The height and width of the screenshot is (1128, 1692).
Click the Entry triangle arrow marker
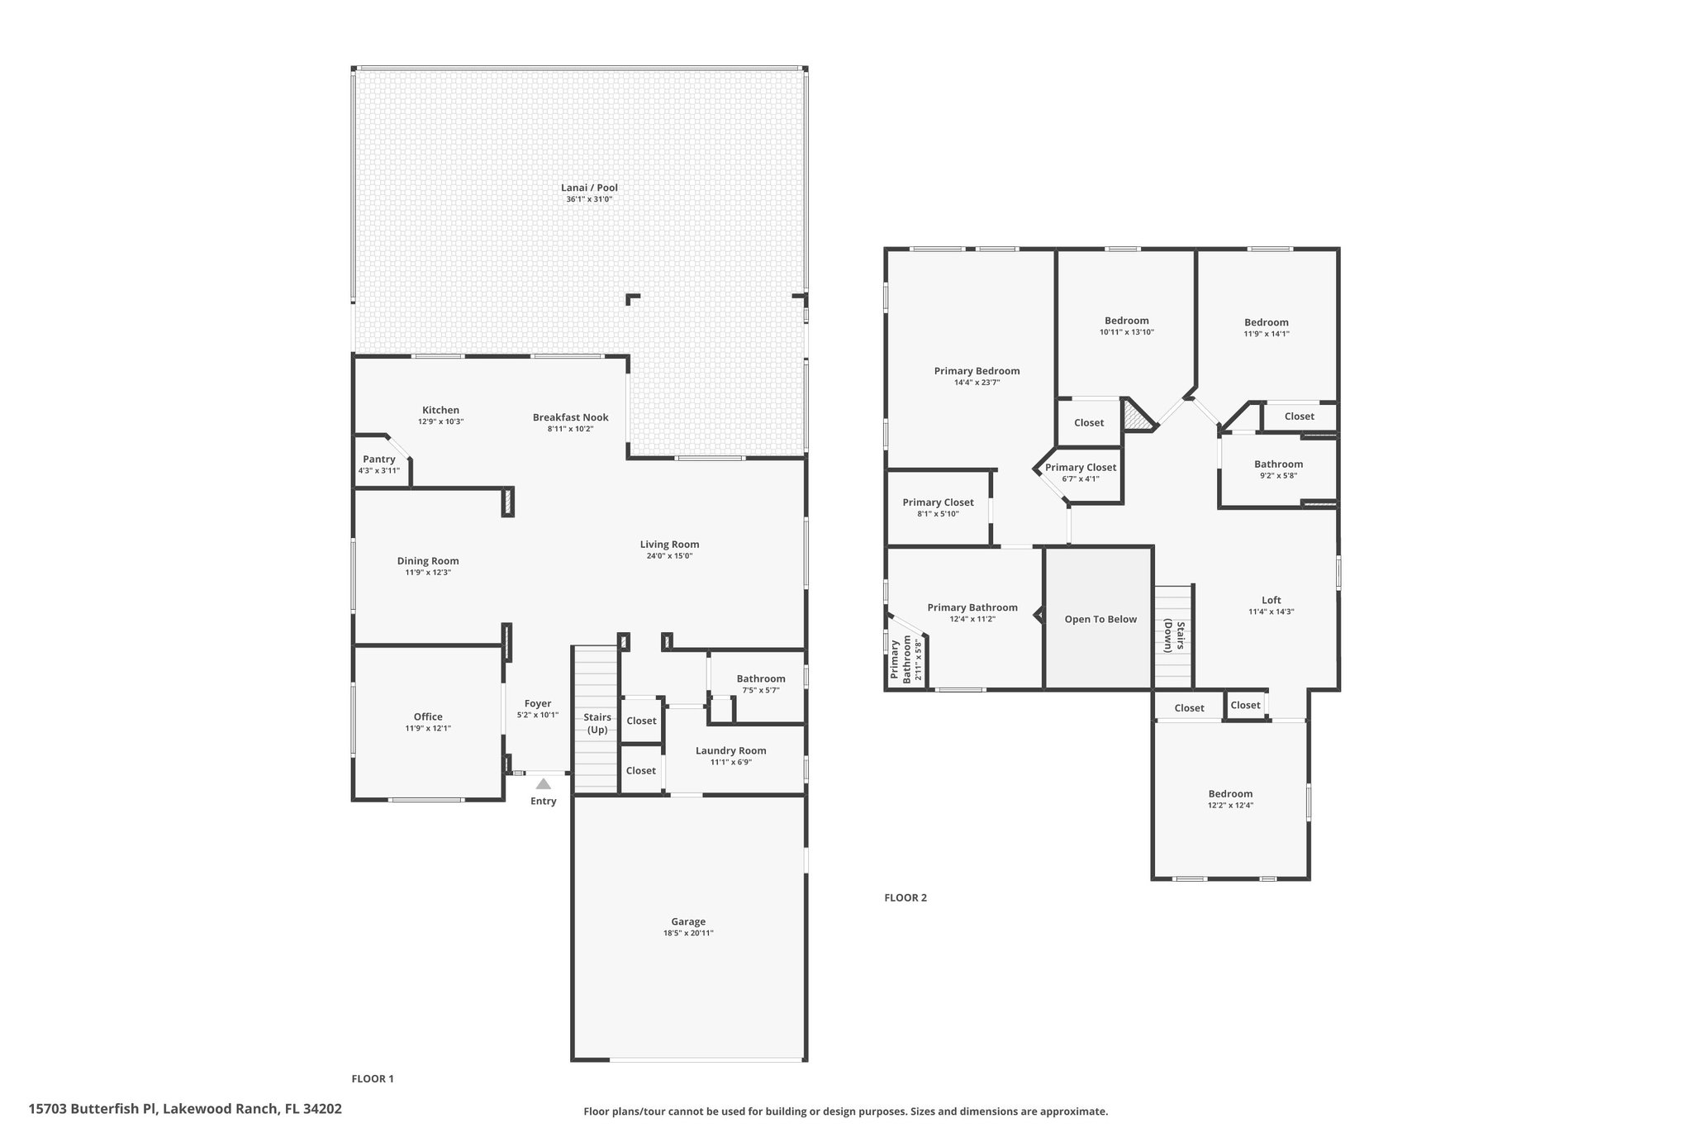pyautogui.click(x=543, y=784)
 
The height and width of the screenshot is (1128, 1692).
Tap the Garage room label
pyautogui.click(x=688, y=921)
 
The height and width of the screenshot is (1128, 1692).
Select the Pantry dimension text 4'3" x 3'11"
pyautogui.click(x=379, y=471)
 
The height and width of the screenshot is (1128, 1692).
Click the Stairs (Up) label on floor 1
pyautogui.click(x=597, y=723)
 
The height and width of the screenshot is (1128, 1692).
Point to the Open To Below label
pyautogui.click(x=1100, y=619)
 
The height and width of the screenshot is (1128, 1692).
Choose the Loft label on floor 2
pyautogui.click(x=1271, y=600)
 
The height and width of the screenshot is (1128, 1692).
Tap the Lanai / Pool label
pyautogui.click(x=589, y=188)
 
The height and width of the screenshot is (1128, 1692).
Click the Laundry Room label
pyautogui.click(x=731, y=750)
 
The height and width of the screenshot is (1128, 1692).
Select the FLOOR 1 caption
pyautogui.click(x=373, y=1078)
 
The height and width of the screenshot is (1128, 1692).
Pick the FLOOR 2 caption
pyautogui.click(x=905, y=897)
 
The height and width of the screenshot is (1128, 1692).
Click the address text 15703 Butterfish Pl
pyautogui.click(x=92, y=1108)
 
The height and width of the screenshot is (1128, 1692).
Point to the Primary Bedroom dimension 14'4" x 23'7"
pyautogui.click(x=977, y=383)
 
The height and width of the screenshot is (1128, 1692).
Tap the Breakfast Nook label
pyautogui.click(x=571, y=417)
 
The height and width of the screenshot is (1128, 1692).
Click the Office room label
pyautogui.click(x=428, y=716)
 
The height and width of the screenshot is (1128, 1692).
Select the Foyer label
pyautogui.click(x=538, y=703)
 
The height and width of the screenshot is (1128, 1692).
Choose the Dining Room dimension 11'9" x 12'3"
pyautogui.click(x=428, y=573)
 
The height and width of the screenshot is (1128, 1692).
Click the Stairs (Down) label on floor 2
pyautogui.click(x=1174, y=635)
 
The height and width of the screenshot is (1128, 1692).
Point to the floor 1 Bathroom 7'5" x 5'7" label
pyautogui.click(x=761, y=678)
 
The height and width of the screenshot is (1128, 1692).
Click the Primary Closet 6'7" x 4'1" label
pyautogui.click(x=1081, y=467)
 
